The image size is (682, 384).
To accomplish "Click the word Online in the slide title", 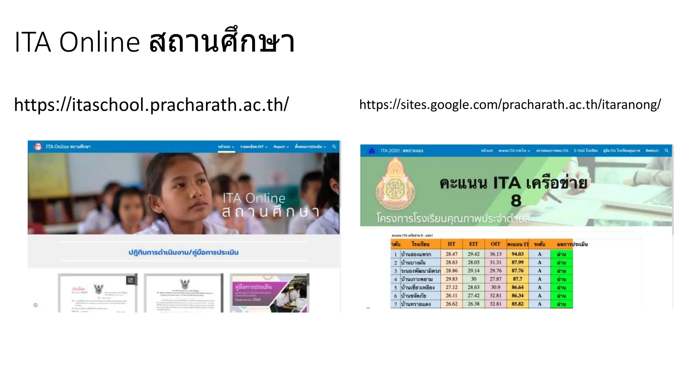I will point(99,42).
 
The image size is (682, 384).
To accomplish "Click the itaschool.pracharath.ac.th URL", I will point(151,105).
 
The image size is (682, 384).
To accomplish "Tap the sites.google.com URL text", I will point(510,105).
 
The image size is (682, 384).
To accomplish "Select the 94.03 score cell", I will point(517,254).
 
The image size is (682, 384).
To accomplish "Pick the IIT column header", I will point(451,244).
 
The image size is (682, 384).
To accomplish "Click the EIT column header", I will point(473,244).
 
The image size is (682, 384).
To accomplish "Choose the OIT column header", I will point(496,244).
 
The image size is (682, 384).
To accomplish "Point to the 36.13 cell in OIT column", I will point(496,254).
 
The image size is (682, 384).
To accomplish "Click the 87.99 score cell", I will point(517,262).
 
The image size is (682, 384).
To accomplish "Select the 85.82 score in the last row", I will point(517,304).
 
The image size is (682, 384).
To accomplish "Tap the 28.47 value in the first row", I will point(451,254).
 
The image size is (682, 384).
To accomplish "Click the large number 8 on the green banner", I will point(516,201).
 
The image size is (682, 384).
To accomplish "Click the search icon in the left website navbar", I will point(334,147).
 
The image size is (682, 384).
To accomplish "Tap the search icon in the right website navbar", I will point(667,151).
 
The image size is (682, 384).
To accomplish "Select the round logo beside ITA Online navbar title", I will point(38,147).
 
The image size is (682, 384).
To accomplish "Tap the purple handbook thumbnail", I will point(269,293).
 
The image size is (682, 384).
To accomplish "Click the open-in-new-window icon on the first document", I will point(131,280).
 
